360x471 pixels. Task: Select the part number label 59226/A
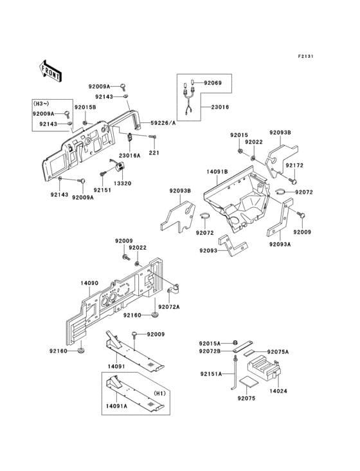point(163,122)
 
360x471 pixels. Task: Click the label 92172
point(294,165)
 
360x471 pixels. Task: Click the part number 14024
point(278,390)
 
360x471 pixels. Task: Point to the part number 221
point(154,152)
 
